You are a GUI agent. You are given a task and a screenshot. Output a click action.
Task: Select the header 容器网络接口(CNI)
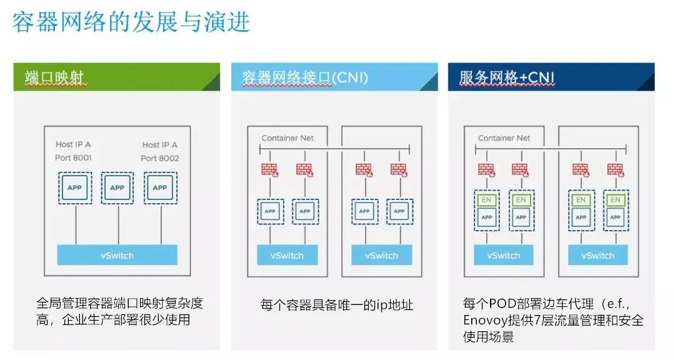pyautogui.click(x=305, y=77)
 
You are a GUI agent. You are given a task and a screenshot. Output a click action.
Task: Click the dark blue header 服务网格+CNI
pyautogui.click(x=507, y=77)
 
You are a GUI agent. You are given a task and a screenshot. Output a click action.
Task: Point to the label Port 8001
pyautogui.click(x=73, y=157)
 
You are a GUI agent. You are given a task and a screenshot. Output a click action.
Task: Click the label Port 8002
pyautogui.click(x=160, y=157)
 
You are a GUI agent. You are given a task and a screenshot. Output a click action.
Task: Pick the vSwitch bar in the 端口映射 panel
pyautogui.click(x=117, y=255)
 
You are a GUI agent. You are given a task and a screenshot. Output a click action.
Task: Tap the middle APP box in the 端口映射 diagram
pyautogui.click(x=117, y=187)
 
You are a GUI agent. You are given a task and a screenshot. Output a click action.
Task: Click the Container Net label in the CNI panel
pyautogui.click(x=287, y=137)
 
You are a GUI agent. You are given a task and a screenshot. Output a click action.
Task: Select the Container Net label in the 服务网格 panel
pyautogui.click(x=504, y=137)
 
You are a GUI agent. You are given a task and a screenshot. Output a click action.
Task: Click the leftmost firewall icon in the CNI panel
pyautogui.click(x=270, y=169)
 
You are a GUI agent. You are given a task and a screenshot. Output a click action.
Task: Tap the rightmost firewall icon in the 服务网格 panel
pyautogui.click(x=615, y=169)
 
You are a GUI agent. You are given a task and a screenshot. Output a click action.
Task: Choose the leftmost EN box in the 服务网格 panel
pyautogui.click(x=486, y=200)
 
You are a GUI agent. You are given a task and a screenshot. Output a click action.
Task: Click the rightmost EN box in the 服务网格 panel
pyautogui.click(x=615, y=200)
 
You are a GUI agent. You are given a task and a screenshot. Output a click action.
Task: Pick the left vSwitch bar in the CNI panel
pyautogui.click(x=287, y=255)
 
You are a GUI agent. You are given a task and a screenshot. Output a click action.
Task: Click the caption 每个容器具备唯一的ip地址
pyautogui.click(x=337, y=305)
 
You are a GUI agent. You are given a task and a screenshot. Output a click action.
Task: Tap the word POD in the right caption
pyautogui.click(x=504, y=304)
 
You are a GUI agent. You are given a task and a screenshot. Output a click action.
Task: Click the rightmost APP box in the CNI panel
pyautogui.click(x=399, y=211)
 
